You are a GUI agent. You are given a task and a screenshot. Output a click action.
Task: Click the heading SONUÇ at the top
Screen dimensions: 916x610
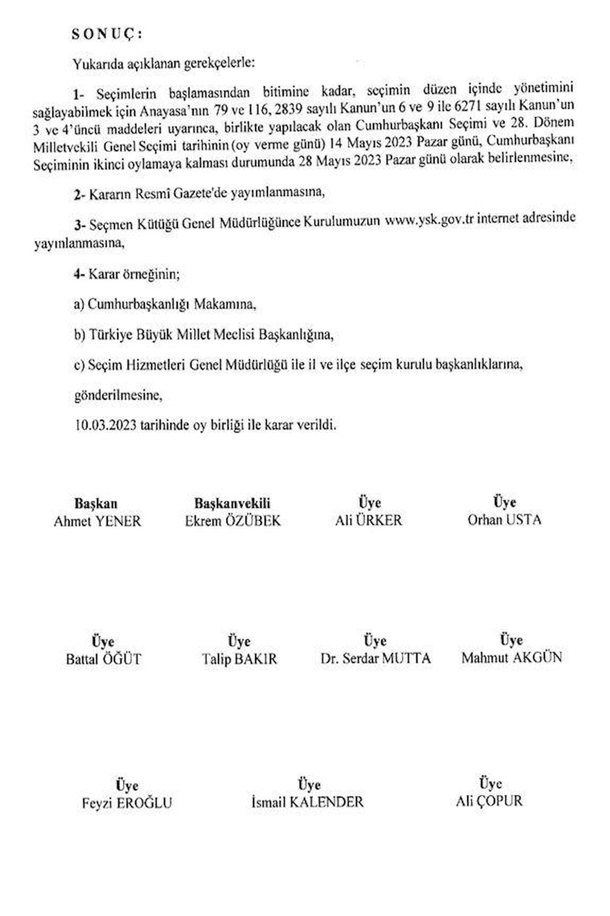tap(107, 34)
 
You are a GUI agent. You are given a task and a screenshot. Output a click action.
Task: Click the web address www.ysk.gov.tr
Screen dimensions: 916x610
tap(425, 220)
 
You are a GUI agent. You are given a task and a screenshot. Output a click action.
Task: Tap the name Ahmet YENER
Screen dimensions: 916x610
tap(98, 521)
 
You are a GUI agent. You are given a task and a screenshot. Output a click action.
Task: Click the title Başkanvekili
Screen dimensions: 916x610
tap(232, 504)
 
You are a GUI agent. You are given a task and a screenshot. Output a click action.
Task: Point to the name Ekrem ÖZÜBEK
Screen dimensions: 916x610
tap(232, 521)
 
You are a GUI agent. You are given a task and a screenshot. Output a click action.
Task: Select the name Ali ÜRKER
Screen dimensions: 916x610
tap(369, 520)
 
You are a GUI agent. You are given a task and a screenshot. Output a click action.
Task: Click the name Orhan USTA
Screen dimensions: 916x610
tap(504, 520)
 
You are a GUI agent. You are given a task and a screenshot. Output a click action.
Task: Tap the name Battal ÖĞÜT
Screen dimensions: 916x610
tap(103, 660)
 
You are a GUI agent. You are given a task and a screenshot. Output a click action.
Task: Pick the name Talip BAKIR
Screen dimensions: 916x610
tap(239, 659)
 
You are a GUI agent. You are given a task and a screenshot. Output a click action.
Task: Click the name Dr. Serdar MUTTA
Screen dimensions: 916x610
tap(375, 658)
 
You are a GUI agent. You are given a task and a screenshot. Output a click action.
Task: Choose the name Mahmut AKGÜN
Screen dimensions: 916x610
tap(511, 657)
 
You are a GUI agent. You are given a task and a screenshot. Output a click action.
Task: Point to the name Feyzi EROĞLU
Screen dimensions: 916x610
tap(127, 804)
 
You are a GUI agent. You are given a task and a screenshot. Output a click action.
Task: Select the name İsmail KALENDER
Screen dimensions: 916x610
tap(308, 803)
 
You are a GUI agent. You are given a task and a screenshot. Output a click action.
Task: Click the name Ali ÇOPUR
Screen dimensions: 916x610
tap(489, 801)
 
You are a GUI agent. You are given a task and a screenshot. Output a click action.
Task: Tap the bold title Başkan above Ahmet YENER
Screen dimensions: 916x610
tap(96, 504)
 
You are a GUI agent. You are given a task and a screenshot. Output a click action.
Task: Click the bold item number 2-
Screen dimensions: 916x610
tap(79, 194)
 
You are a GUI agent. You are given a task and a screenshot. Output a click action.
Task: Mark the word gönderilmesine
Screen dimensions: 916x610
tap(118, 395)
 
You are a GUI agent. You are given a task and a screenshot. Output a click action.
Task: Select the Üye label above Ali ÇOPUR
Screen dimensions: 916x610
tap(490, 784)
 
